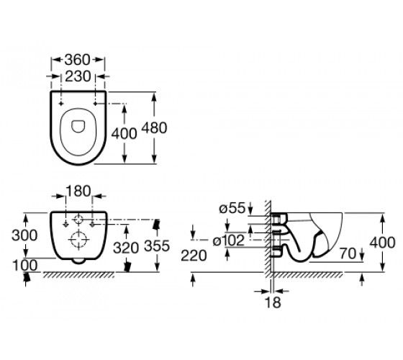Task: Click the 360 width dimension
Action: click(78, 60)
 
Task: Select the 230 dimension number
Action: click(78, 76)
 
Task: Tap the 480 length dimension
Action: click(155, 127)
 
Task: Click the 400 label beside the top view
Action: click(124, 133)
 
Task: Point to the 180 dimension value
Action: click(78, 191)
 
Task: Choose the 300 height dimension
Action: click(24, 235)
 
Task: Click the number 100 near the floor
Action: click(25, 266)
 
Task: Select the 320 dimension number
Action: click(126, 248)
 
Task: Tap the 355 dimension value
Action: click(157, 246)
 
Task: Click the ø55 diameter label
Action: click(232, 208)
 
